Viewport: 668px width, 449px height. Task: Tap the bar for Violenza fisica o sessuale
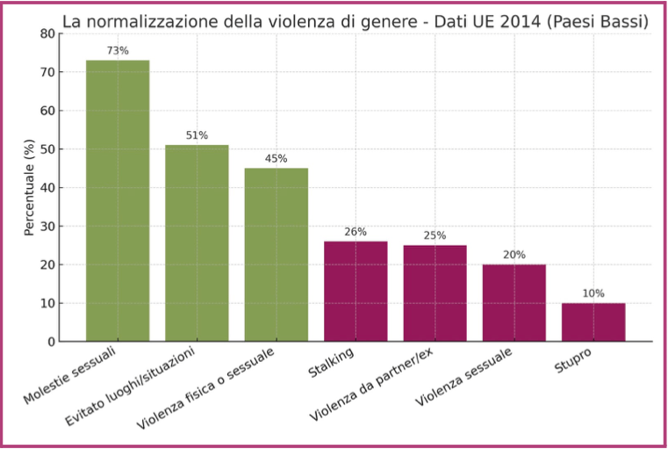[x=276, y=254]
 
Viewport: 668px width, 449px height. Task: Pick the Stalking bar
[x=356, y=291]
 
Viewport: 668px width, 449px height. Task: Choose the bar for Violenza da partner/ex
[x=435, y=293]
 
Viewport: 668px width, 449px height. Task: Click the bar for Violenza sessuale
[x=514, y=302]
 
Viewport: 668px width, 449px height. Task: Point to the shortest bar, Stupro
[x=593, y=322]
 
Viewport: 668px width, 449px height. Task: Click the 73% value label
[x=118, y=51]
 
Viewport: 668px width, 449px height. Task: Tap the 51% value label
[x=197, y=135]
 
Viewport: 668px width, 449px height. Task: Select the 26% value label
[x=356, y=232]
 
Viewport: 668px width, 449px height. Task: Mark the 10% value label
[x=593, y=293]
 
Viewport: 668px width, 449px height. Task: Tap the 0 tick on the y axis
[x=50, y=342]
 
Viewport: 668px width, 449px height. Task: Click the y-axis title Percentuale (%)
[x=29, y=187]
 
